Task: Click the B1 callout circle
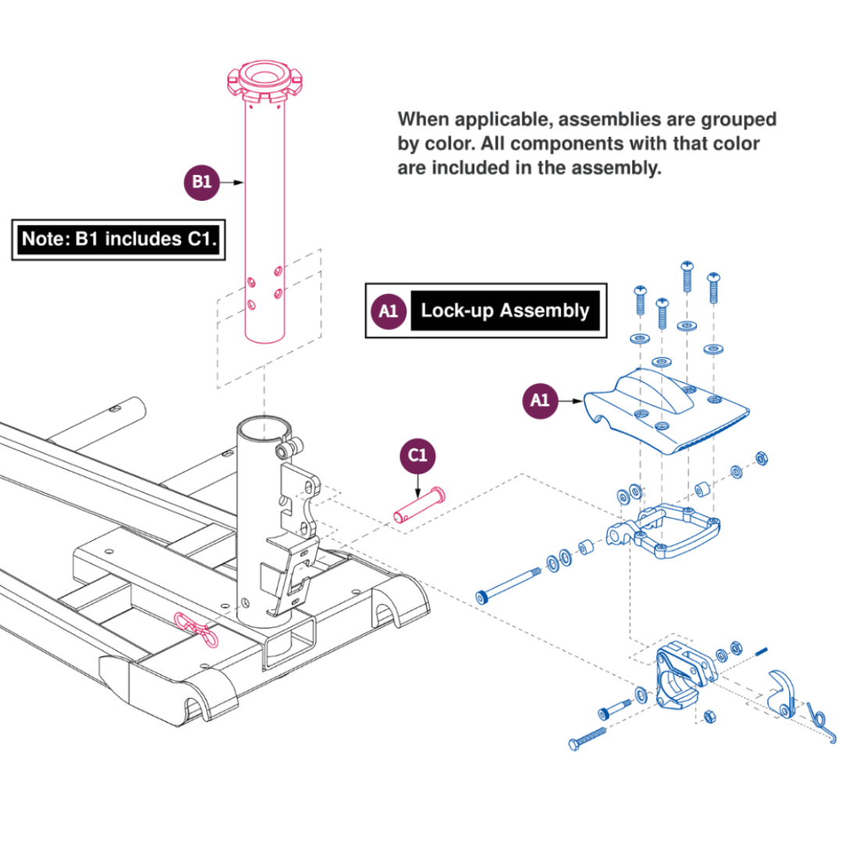[x=202, y=182]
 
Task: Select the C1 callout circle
[x=419, y=456]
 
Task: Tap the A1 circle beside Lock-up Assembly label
[x=388, y=311]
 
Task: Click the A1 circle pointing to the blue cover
[x=540, y=401]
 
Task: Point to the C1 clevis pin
[x=419, y=503]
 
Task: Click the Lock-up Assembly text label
[x=505, y=311]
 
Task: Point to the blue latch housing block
[x=677, y=676]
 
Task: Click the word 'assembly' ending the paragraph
[x=617, y=168]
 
